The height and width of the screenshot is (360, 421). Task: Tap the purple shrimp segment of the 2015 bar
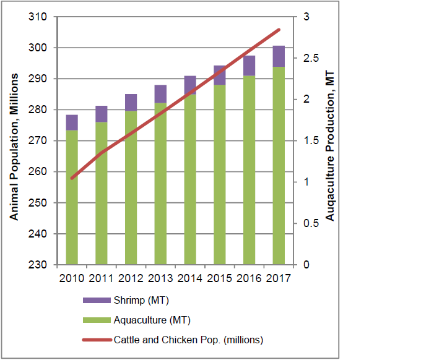(220, 75)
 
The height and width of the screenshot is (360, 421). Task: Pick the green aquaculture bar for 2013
(160, 184)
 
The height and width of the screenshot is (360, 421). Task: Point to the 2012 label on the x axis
(131, 277)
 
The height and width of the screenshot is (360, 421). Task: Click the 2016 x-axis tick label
(249, 277)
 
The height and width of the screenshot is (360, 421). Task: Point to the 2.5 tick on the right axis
(309, 58)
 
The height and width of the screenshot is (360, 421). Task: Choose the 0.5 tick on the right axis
(309, 223)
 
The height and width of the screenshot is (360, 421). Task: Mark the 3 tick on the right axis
(305, 17)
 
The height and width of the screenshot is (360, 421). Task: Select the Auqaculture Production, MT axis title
(330, 146)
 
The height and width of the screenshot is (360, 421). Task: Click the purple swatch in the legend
(96, 301)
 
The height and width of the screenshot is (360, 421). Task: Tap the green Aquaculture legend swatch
(96, 320)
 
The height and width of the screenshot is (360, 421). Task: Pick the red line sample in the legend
(96, 340)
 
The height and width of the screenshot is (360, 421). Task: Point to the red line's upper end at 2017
(279, 29)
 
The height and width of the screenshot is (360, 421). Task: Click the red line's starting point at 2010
(72, 178)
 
